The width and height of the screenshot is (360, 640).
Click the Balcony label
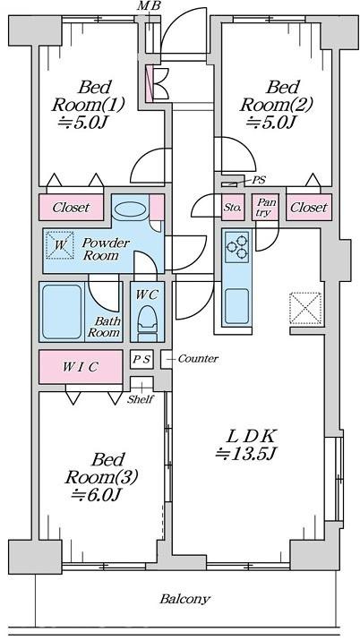(184, 599)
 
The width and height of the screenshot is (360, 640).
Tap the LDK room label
(250, 437)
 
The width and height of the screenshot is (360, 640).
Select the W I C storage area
(81, 366)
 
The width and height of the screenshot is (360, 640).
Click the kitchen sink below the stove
(237, 306)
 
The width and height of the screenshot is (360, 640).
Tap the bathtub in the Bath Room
(62, 311)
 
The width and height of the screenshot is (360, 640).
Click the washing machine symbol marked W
(60, 245)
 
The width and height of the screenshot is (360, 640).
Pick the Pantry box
(265, 208)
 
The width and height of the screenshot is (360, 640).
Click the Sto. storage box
(233, 208)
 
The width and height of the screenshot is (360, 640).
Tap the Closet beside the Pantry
(309, 208)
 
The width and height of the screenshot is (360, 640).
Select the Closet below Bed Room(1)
(71, 208)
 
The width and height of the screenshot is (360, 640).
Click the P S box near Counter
(142, 360)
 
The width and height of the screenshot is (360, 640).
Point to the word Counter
(198, 359)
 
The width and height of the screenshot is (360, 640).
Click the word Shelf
(140, 399)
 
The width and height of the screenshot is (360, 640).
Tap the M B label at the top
(149, 5)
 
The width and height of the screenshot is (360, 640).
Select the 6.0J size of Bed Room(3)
(96, 495)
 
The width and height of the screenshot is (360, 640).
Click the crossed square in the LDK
(304, 308)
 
